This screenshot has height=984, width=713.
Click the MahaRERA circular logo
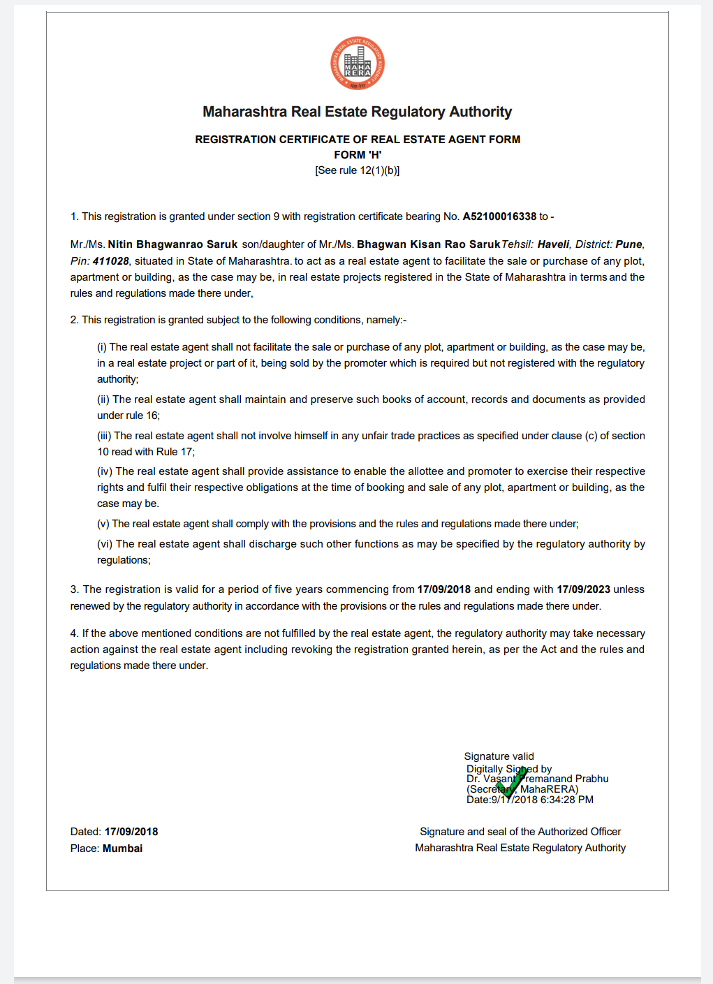point(357,64)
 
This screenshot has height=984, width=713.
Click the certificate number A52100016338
point(499,216)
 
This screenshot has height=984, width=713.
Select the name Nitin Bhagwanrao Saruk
point(172,244)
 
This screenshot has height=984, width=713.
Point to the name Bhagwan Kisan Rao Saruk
point(428,244)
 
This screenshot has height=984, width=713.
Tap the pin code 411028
point(110,261)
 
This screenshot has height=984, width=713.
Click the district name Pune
point(629,244)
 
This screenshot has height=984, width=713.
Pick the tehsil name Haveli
point(553,244)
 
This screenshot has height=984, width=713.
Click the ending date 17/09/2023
point(583,589)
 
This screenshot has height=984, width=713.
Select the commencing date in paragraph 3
point(443,589)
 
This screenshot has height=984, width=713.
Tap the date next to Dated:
point(131,832)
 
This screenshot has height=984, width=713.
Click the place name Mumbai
point(122,849)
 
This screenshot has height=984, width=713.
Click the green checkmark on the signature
point(510,783)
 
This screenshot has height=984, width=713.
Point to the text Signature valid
point(499,756)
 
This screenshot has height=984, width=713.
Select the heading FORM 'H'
point(358,155)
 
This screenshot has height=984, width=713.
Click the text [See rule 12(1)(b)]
point(358,170)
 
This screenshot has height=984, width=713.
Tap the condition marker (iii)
point(104,436)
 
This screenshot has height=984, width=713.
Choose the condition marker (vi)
point(105,544)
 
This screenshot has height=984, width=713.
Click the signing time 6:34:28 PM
point(566,800)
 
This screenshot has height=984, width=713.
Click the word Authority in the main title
point(480,112)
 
